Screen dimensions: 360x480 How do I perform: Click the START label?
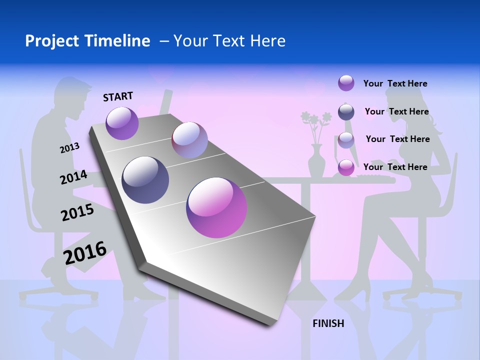pyautogui.click(x=118, y=96)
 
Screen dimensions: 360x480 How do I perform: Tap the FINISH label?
pyautogui.click(x=328, y=323)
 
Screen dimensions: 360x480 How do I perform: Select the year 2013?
pyautogui.click(x=69, y=148)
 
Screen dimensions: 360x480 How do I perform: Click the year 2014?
pyautogui.click(x=73, y=177)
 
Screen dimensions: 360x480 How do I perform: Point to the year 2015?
pyautogui.click(x=77, y=213)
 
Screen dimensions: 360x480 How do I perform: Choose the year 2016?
pyautogui.click(x=85, y=253)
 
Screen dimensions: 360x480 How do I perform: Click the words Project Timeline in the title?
pyautogui.click(x=87, y=41)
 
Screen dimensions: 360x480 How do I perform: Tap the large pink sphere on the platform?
pyautogui.click(x=216, y=207)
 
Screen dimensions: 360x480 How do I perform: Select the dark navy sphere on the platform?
pyautogui.click(x=145, y=179)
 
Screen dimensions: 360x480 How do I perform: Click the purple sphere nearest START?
pyautogui.click(x=122, y=123)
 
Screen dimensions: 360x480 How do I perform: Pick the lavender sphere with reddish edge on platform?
pyautogui.click(x=189, y=140)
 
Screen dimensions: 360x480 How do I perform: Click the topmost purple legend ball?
pyautogui.click(x=346, y=83)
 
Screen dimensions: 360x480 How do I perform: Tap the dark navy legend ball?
pyautogui.click(x=346, y=112)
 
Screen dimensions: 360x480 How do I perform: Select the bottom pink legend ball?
pyautogui.click(x=346, y=167)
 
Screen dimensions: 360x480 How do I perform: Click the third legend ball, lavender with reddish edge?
pyautogui.click(x=346, y=139)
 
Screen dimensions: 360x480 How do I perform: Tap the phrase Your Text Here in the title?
pyautogui.click(x=229, y=41)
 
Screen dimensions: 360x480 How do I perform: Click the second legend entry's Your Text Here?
pyautogui.click(x=396, y=111)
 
